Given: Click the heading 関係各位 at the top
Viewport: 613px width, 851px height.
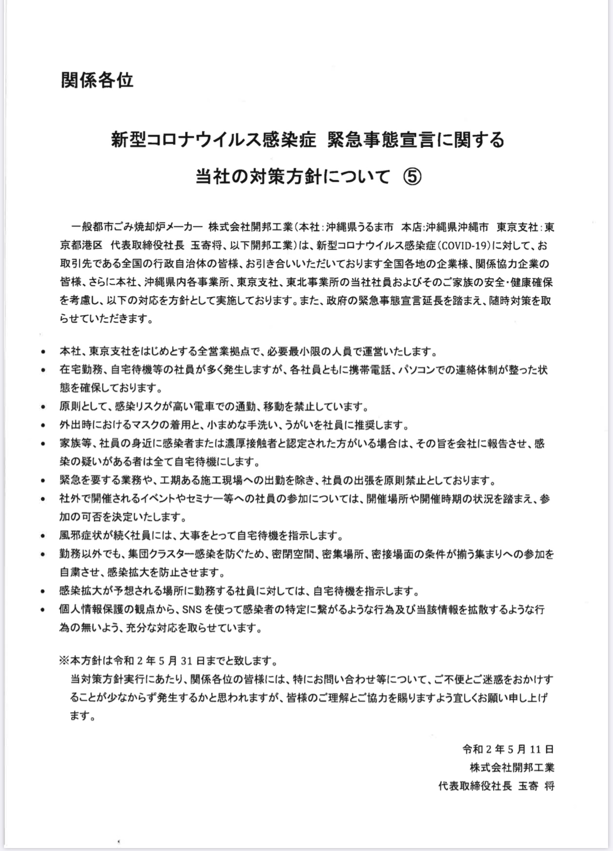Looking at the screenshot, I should pyautogui.click(x=97, y=80).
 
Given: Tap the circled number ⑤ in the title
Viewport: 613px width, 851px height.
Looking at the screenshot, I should pyautogui.click(x=413, y=176).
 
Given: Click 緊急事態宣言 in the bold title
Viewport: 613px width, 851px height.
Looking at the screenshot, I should pyautogui.click(x=385, y=140).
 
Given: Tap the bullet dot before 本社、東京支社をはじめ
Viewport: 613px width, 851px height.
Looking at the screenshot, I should pyautogui.click(x=44, y=352).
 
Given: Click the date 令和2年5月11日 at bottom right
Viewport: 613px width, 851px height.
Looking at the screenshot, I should pyautogui.click(x=508, y=749).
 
